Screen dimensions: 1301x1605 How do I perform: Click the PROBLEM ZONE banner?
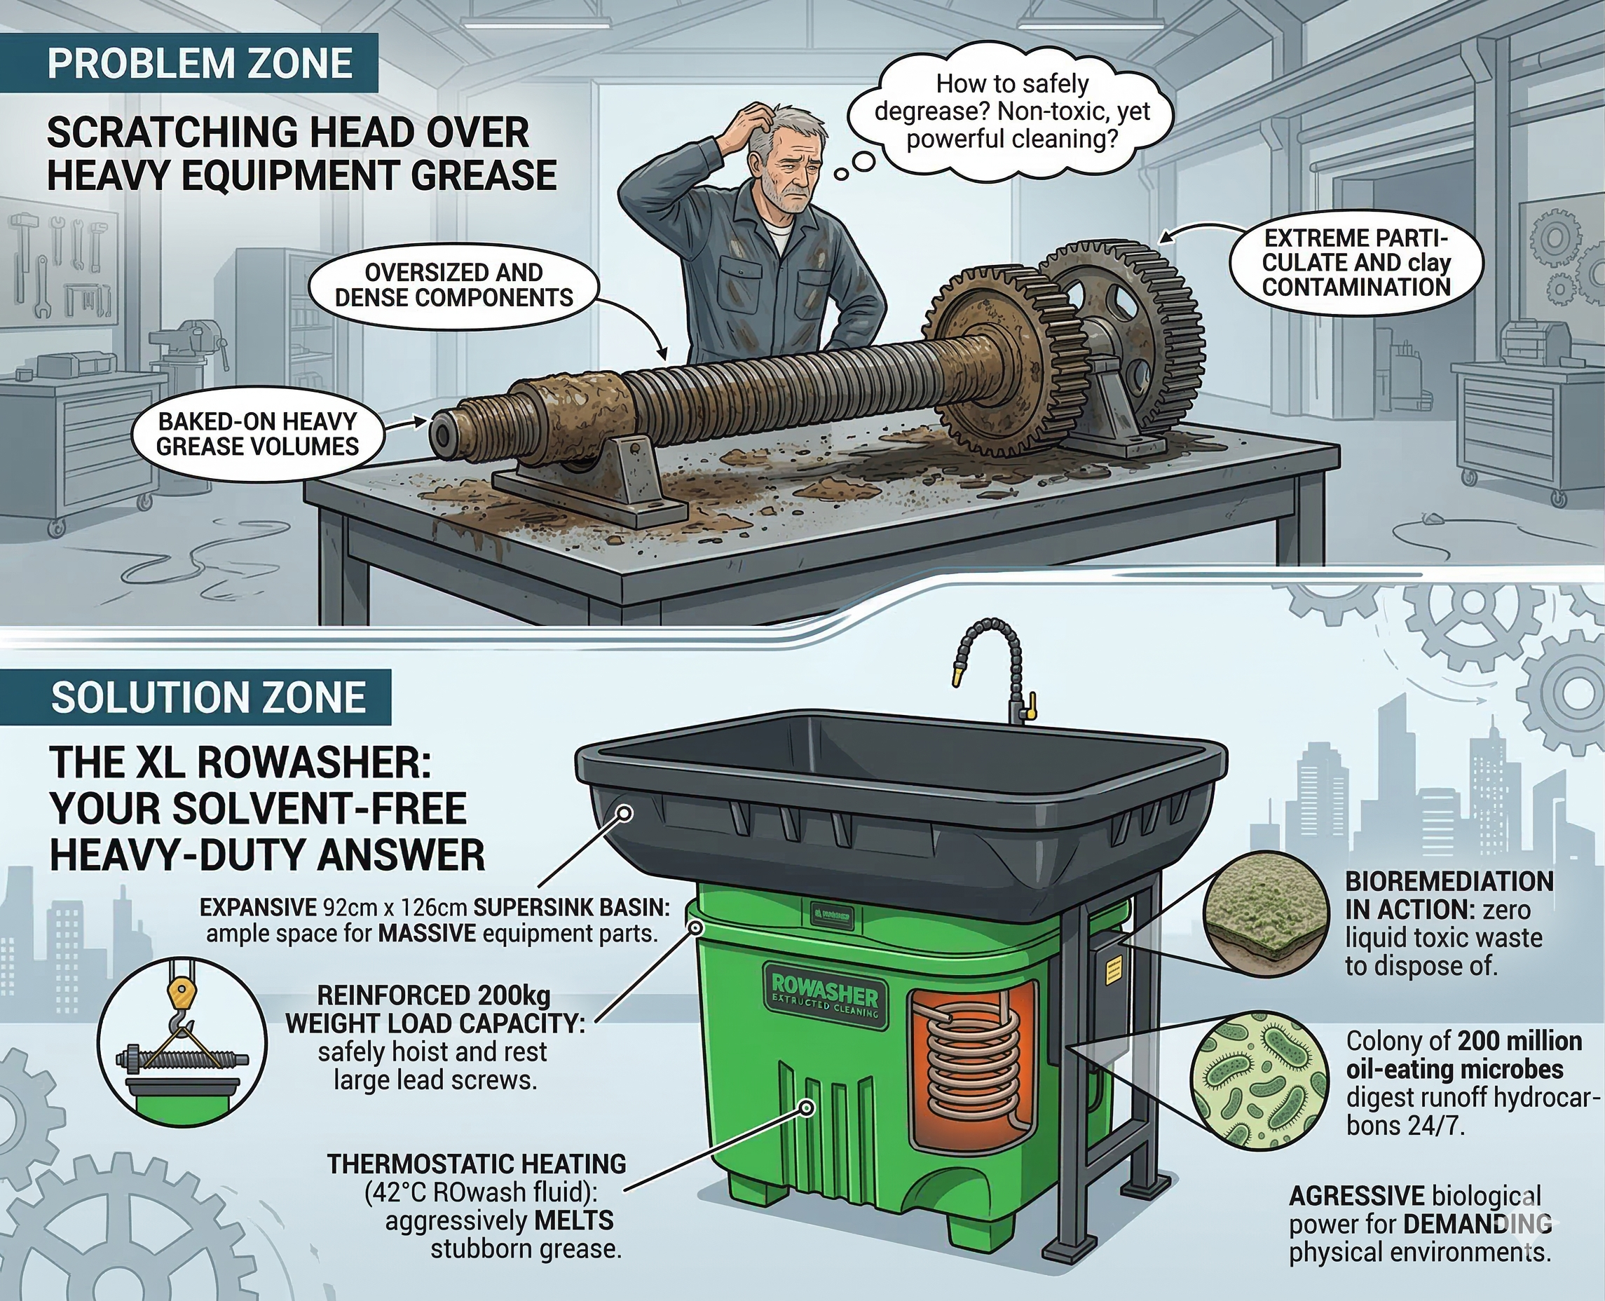[199, 64]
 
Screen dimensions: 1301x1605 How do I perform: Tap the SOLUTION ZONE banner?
[207, 697]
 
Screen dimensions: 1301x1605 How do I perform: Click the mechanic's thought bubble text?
[1011, 111]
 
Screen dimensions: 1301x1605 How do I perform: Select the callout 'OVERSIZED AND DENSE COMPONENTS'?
[453, 285]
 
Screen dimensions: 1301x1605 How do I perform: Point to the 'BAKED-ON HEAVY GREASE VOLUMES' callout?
[257, 434]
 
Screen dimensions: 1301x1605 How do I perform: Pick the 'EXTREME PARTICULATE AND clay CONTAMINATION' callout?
[1356, 262]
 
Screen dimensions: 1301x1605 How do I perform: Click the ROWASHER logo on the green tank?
[824, 997]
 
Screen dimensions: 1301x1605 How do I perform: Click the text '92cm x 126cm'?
[394, 908]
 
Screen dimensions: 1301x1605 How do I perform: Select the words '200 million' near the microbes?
[1519, 1041]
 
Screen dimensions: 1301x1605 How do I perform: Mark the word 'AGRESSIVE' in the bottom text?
[1356, 1196]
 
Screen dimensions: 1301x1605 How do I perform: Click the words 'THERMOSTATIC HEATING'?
[477, 1164]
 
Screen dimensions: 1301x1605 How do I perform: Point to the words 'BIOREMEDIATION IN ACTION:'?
[1449, 896]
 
